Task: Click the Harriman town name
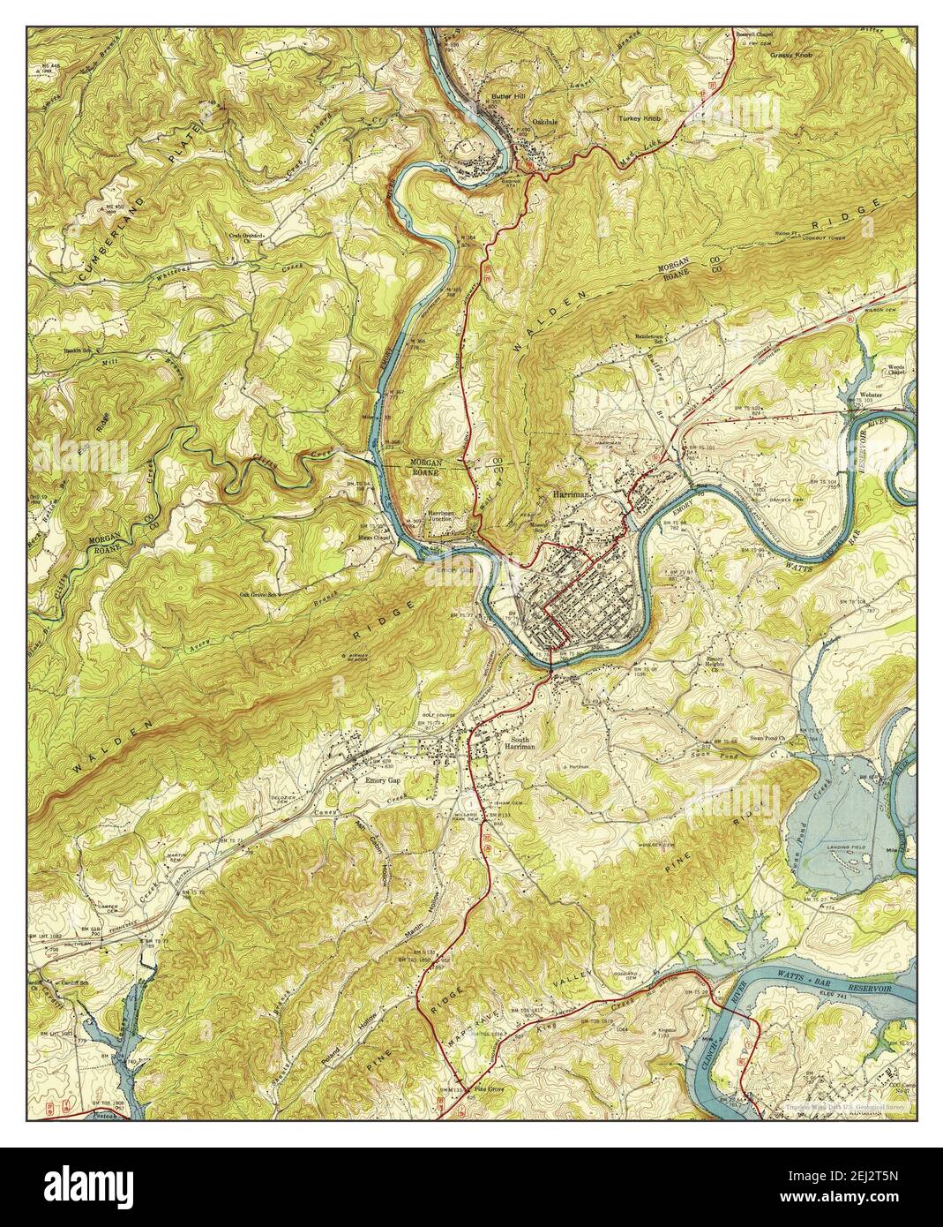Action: tap(574, 496)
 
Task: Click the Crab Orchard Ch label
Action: tap(250, 237)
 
